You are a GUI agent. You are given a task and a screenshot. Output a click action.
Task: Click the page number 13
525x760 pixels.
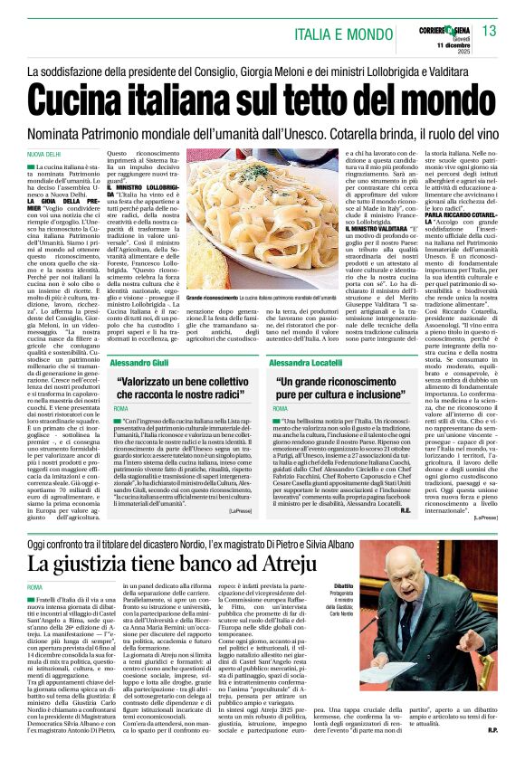(489, 32)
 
